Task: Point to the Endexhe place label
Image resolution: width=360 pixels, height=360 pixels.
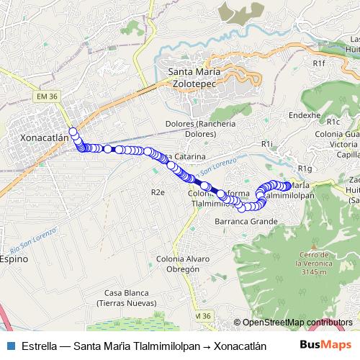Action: click(x=304, y=114)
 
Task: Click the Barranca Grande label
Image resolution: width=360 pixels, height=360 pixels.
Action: click(x=246, y=222)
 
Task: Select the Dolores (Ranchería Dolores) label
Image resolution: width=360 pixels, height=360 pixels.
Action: click(x=190, y=128)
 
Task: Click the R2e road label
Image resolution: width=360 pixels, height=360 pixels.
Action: click(x=158, y=192)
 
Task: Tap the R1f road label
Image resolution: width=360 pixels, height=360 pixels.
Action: click(x=320, y=63)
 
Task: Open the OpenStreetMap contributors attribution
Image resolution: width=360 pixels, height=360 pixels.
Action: click(x=297, y=322)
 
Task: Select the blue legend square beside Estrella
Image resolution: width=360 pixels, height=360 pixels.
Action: click(x=10, y=344)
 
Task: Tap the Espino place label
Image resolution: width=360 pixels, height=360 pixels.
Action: click(x=14, y=258)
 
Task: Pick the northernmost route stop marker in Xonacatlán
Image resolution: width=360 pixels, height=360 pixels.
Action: click(x=73, y=131)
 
